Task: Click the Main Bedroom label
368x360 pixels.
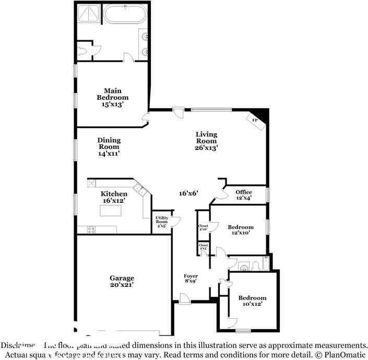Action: [113, 98]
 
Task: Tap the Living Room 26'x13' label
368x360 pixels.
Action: [206, 141]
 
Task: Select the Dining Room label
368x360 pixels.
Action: [109, 147]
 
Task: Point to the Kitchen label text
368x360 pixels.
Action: [114, 198]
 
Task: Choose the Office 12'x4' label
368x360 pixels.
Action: [243, 195]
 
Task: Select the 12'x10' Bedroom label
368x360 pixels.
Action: [241, 230]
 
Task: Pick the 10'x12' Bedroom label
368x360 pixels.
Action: [252, 301]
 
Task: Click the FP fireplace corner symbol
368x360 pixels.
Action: [256, 120]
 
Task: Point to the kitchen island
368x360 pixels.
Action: [111, 211]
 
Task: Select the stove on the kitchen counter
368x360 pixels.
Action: [91, 229]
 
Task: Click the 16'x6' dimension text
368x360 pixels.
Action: [188, 193]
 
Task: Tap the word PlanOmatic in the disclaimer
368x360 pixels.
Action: [345, 355]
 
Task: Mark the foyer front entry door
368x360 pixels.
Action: [184, 299]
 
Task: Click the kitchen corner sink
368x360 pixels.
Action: [139, 189]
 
